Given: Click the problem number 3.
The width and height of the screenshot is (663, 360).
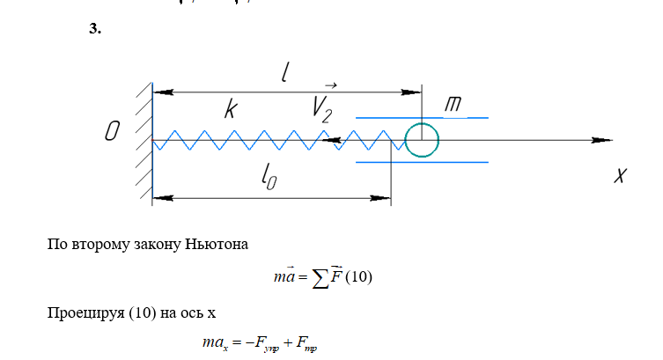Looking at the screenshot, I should pos(96,30).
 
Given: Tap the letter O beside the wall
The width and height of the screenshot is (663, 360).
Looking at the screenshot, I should pos(112,133).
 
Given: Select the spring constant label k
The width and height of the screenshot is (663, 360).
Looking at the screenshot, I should pos(230,109).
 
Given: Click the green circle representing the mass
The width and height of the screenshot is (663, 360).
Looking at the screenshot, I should pos(422,139).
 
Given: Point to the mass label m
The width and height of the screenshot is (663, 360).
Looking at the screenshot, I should pos(453,105).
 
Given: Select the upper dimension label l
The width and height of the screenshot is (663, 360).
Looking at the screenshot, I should pos(285,73).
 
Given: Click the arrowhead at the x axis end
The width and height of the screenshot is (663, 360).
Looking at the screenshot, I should pos(601,140).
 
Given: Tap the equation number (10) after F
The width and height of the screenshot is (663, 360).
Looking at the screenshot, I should pos(359,278).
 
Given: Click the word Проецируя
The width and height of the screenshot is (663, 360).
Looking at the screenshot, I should pos(82,314).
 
